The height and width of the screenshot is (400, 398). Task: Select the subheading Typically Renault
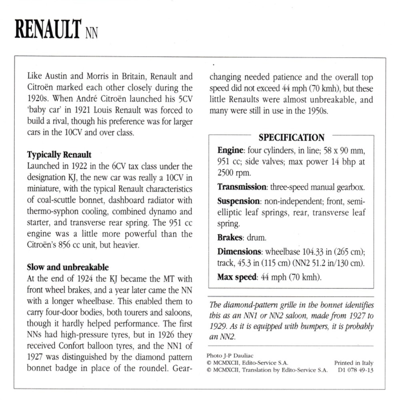pos(59,154)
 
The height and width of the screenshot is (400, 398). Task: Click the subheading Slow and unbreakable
pos(68,267)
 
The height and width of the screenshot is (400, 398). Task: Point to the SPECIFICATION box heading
pos(291,138)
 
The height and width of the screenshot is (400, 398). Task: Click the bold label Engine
pos(230,151)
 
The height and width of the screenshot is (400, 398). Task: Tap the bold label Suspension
pos(239,201)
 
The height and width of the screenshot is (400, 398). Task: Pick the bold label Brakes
pos(230,238)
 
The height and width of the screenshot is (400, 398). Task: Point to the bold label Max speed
pos(236,277)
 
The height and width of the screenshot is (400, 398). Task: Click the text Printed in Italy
pos(354,363)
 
